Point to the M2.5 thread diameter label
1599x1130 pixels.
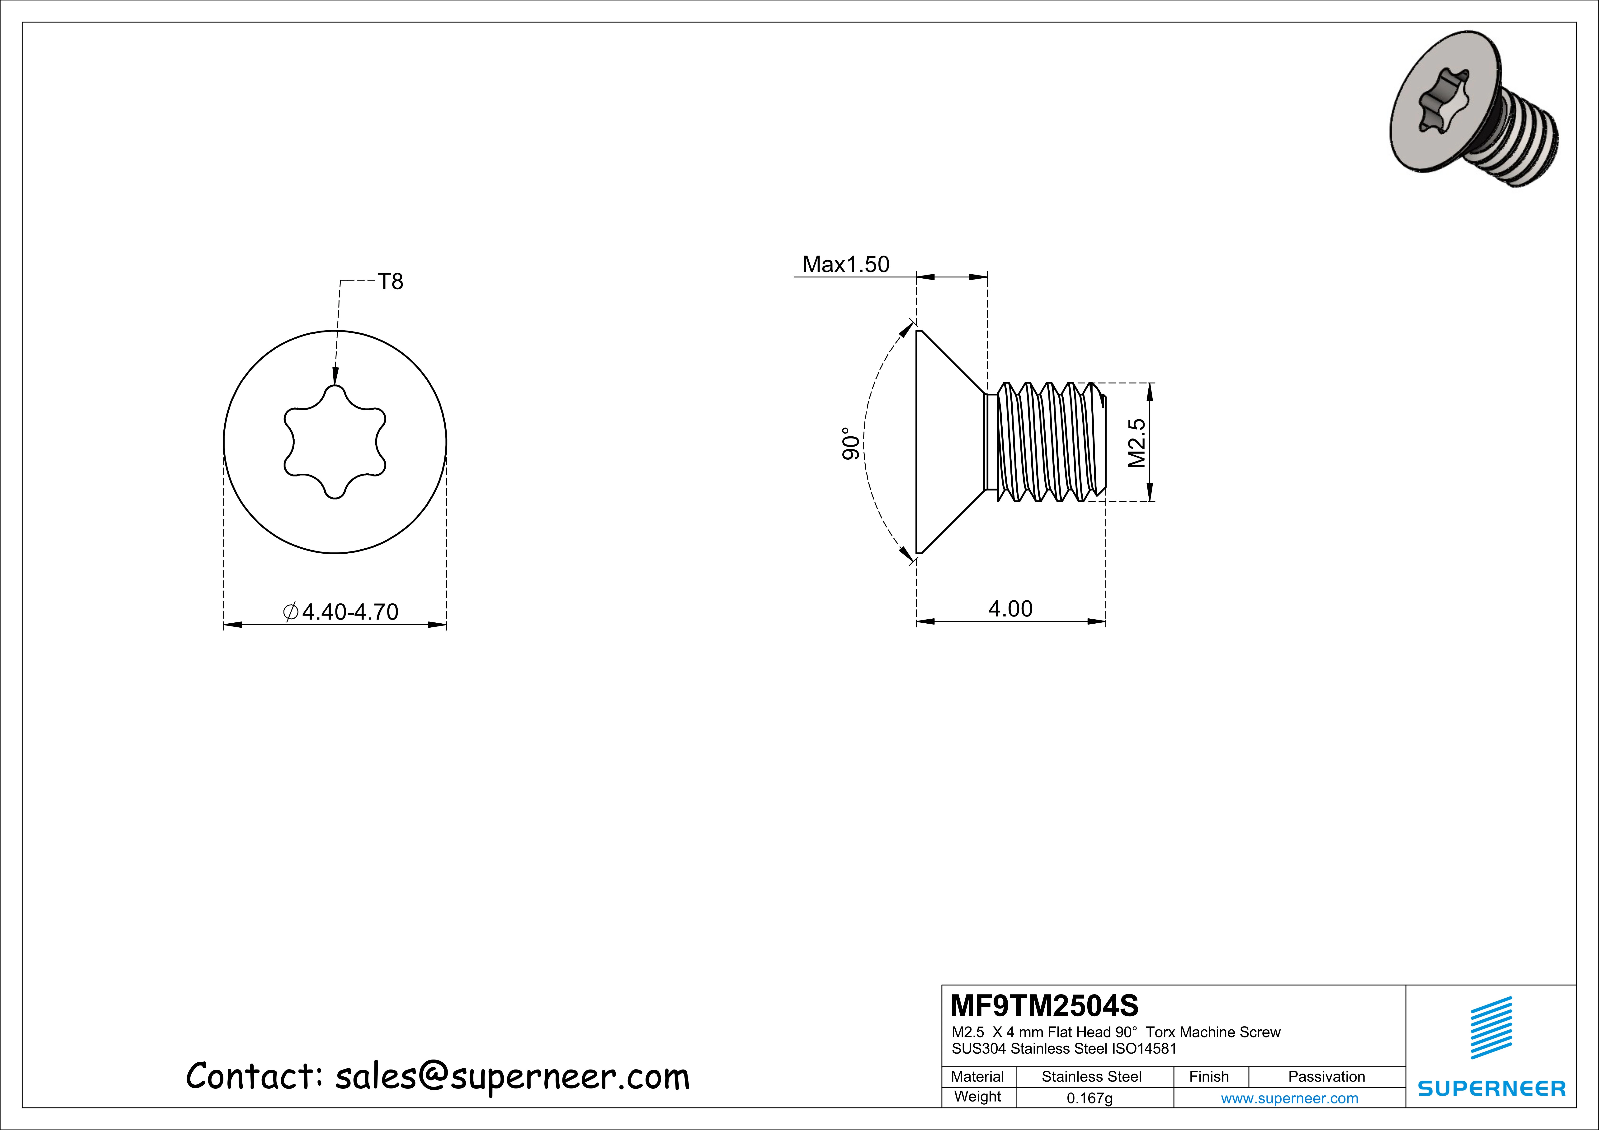[1137, 443]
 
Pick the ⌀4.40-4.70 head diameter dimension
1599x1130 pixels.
[341, 612]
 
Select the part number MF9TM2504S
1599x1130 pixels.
[1044, 1005]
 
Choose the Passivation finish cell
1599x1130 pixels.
[1326, 1076]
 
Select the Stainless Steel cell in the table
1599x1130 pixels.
[1091, 1076]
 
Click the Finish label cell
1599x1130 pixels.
[1209, 1076]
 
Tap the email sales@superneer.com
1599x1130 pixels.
[512, 1076]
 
